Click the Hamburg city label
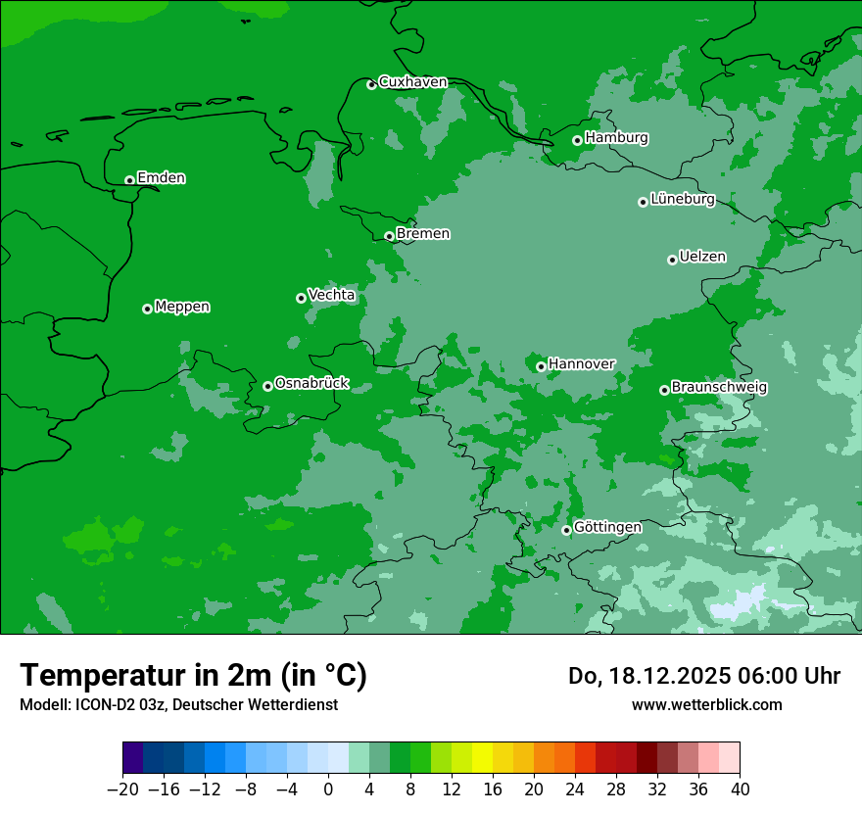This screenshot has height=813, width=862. click(x=616, y=138)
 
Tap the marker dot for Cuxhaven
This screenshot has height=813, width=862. click(x=371, y=85)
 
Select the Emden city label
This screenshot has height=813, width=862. click(x=161, y=178)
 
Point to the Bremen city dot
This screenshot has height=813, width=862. click(x=389, y=236)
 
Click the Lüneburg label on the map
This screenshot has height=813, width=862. click(x=682, y=200)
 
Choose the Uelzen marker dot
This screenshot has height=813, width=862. click(x=672, y=260)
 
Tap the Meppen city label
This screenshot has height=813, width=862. click(x=182, y=307)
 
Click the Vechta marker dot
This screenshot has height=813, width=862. click(x=301, y=298)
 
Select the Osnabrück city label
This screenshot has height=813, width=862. click(x=311, y=383)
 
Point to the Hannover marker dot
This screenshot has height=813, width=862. click(x=541, y=366)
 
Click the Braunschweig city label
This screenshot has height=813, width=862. click(x=719, y=387)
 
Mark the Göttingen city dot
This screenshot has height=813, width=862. click(x=566, y=530)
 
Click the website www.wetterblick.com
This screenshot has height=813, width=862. click(x=706, y=704)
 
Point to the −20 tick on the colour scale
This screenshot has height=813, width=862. click(x=122, y=789)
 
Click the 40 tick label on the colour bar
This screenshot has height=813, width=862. click(x=740, y=789)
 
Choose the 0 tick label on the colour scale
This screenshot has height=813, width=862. click(x=328, y=789)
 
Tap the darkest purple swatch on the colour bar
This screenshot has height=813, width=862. click(x=133, y=758)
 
